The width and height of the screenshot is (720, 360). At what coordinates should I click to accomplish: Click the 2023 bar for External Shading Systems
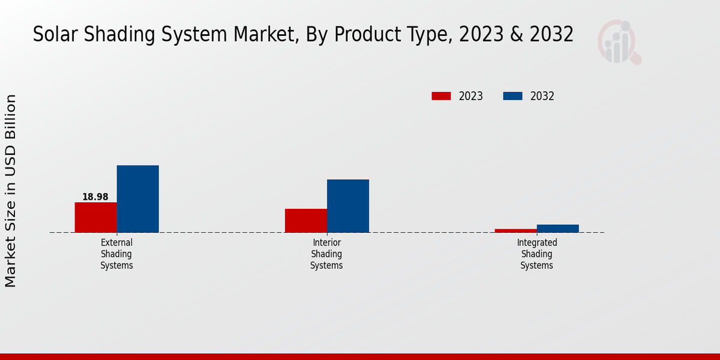95,217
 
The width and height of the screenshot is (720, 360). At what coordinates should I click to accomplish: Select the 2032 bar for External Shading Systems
137,199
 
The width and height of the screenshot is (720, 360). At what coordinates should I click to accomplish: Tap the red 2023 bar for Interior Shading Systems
305,220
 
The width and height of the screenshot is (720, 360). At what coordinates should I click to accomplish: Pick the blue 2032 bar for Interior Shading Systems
347,206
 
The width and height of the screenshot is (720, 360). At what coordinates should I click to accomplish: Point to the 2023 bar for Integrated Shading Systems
515,230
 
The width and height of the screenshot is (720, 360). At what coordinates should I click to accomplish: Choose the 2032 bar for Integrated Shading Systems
557,228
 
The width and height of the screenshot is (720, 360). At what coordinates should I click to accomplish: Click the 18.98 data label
95,197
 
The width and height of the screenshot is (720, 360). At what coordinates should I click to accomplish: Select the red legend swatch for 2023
441,96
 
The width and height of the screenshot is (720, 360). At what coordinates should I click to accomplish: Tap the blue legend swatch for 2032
512,96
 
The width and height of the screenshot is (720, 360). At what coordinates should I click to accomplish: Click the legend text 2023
471,96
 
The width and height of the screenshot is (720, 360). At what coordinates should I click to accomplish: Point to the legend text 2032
542,96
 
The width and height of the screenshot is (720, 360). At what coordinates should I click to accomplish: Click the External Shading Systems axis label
116,254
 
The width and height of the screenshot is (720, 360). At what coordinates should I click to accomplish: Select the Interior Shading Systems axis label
326,254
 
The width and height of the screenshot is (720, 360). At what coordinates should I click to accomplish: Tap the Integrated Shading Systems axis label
536,254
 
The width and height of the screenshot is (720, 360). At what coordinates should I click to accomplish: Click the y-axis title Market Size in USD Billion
11,191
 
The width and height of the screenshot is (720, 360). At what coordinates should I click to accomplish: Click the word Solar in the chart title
51,35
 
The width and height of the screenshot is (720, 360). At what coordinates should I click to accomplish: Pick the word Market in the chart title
266,35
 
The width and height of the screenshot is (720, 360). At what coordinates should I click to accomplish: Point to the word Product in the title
367,35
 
